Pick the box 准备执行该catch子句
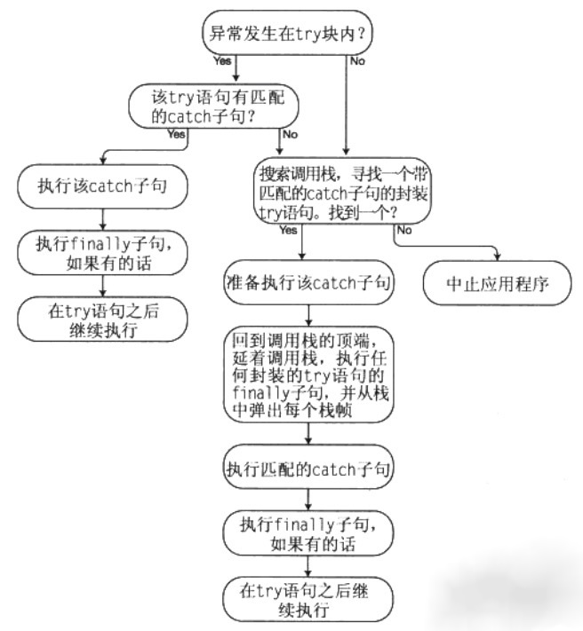pos(309,283)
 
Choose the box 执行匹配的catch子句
pos(308,467)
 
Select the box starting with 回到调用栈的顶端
pos(308,373)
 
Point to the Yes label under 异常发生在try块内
pos(221,61)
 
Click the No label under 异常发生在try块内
pos(357,61)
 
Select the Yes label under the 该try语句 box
pos(176,135)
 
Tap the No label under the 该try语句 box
pos(290,135)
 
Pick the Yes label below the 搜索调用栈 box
pos(288,231)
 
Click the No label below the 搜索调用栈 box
pos(403,231)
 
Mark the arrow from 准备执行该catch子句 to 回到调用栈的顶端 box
pos(308,314)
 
